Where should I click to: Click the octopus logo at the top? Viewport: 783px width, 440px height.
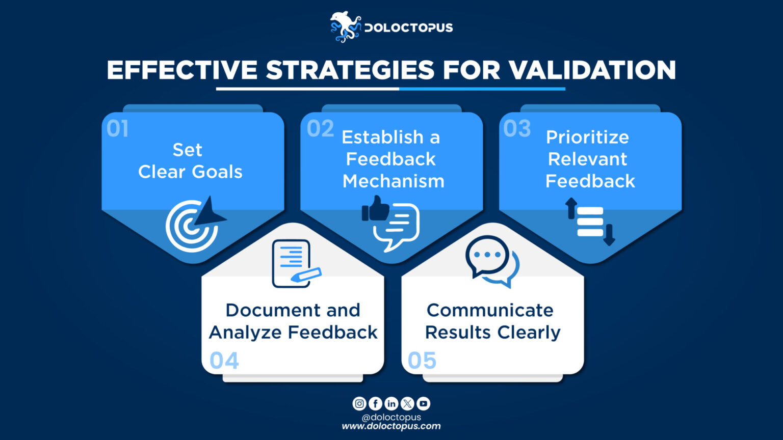pyautogui.click(x=345, y=26)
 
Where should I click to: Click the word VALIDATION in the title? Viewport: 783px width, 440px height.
pyautogui.click(x=592, y=70)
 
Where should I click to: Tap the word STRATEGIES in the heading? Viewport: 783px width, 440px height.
pyautogui.click(x=350, y=70)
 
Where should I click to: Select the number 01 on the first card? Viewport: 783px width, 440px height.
pyautogui.click(x=117, y=129)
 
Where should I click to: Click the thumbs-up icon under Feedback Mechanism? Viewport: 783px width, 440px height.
pyautogui.click(x=376, y=208)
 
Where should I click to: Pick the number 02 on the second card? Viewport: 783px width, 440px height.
pyautogui.click(x=320, y=129)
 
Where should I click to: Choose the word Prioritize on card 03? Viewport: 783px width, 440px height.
pyautogui.click(x=587, y=137)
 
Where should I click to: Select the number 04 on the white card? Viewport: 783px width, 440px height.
pyautogui.click(x=224, y=361)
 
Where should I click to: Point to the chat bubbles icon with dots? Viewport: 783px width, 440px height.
pyautogui.click(x=491, y=260)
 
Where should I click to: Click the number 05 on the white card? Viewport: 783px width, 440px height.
pyautogui.click(x=422, y=361)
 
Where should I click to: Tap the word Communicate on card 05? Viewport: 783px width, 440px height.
pyautogui.click(x=490, y=310)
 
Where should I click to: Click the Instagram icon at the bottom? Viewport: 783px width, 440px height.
pyautogui.click(x=359, y=403)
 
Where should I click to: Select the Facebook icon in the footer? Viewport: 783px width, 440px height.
pyautogui.click(x=375, y=403)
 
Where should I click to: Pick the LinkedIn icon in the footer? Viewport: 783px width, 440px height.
pyautogui.click(x=391, y=403)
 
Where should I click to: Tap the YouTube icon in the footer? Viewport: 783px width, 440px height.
pyautogui.click(x=423, y=403)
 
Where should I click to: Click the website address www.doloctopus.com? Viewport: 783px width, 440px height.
pyautogui.click(x=391, y=426)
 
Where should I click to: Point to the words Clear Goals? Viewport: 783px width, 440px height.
pyautogui.click(x=190, y=172)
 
